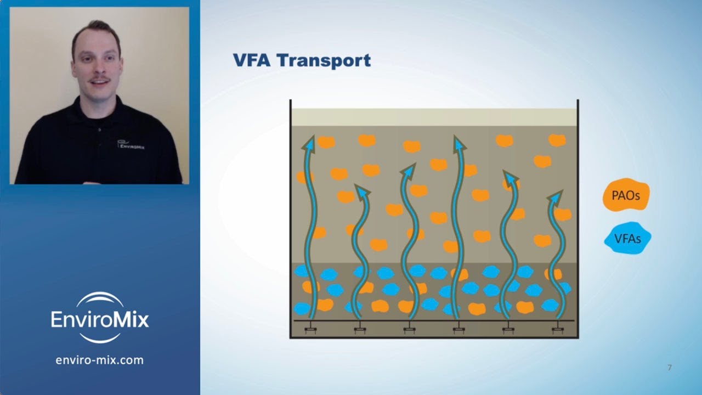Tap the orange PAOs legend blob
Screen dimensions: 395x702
point(626,195)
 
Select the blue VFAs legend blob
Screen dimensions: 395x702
point(627,239)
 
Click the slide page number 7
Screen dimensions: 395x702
point(669,368)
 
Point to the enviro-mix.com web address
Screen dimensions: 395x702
point(100,360)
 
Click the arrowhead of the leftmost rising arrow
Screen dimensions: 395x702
point(309,143)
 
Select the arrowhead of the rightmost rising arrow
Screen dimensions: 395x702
point(556,197)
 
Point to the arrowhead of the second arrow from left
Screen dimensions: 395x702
point(361,191)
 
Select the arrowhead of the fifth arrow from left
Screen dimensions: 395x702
point(509,177)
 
